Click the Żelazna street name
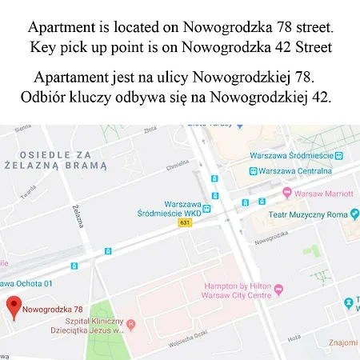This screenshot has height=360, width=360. [78, 215]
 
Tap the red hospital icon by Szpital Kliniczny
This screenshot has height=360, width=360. [131, 325]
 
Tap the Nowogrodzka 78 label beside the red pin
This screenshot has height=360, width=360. [52, 309]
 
